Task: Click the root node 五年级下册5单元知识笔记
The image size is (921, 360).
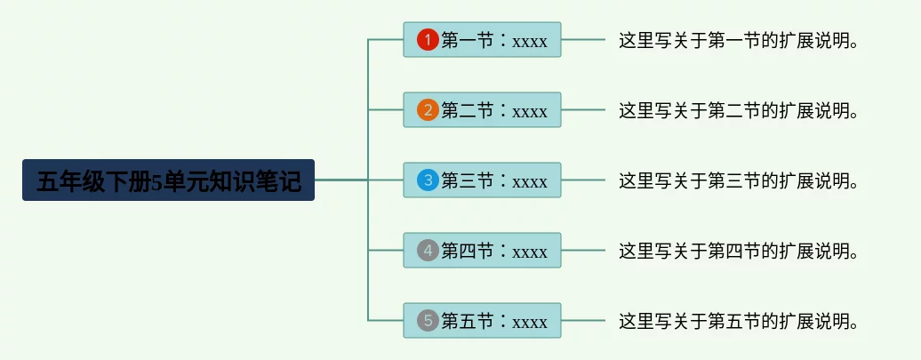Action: pos(168,180)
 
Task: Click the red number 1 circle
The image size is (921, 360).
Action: pos(428,40)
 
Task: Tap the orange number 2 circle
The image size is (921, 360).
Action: pos(428,110)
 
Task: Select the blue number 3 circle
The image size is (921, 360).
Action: pos(428,180)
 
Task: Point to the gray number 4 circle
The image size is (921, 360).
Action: pos(428,251)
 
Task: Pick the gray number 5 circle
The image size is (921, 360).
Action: pos(428,321)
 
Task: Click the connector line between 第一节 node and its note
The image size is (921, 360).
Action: pos(583,40)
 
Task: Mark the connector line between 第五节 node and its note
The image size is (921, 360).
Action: pos(583,321)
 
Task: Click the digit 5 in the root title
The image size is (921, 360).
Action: pos(157,181)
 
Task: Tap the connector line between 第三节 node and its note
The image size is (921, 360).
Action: pos(583,180)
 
